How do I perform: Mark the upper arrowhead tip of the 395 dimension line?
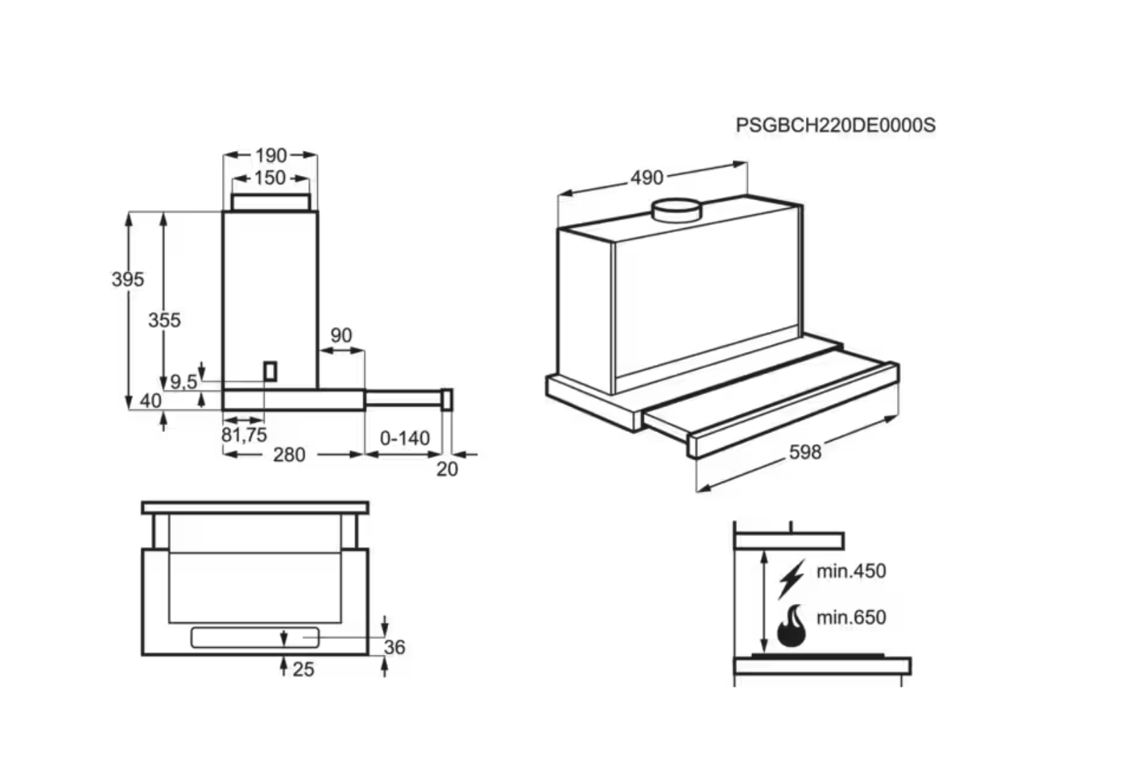tap(129, 213)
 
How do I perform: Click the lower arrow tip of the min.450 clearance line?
tap(764, 653)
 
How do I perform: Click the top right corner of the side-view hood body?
tap(318, 212)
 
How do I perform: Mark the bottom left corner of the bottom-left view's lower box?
tap(143, 655)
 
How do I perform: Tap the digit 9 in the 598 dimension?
tap(805, 452)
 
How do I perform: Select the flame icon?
tap(791, 626)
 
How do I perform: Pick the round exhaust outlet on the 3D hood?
tap(676, 210)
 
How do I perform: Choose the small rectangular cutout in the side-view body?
tap(270, 371)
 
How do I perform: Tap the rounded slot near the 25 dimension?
tap(255, 638)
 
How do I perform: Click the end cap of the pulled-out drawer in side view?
tap(447, 399)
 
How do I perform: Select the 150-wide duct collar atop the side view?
tap(270, 202)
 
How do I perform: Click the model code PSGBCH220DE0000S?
tap(836, 125)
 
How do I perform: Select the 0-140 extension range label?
tap(405, 438)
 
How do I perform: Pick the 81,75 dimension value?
tap(244, 435)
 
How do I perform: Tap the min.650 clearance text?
tap(851, 618)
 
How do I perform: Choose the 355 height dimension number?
tap(164, 320)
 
